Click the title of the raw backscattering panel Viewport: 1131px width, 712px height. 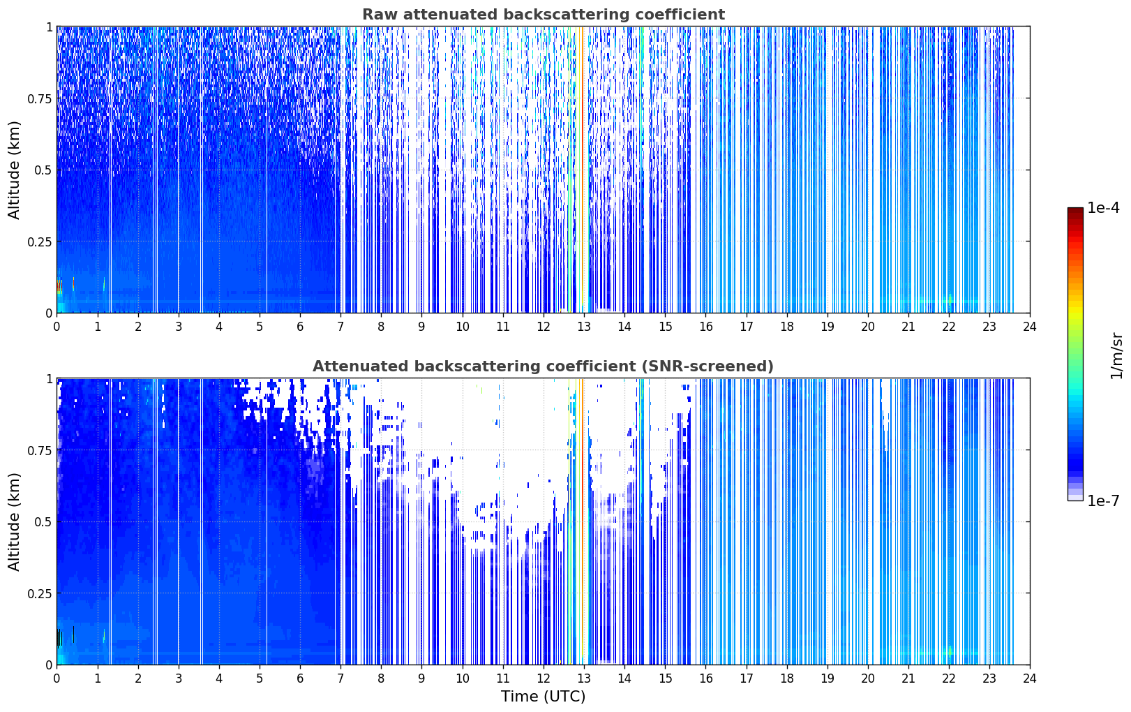pos(544,15)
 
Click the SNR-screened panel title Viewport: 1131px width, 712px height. pos(543,366)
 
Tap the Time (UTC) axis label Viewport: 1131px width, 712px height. pos(544,697)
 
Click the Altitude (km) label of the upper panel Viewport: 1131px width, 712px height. pos(14,170)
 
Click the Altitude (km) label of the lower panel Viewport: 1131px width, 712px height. pos(14,521)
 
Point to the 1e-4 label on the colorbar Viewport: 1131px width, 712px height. pos(1103,207)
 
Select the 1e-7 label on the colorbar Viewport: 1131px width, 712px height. pos(1103,501)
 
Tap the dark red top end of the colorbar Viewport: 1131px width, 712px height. pos(1075,209)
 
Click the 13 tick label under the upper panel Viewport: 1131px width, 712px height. pos(584,327)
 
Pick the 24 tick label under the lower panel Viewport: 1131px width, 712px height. pos(1030,678)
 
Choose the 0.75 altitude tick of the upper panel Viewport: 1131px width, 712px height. pos(40,98)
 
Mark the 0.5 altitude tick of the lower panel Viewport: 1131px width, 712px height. pos(43,521)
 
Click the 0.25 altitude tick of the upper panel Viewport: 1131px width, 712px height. pos(40,242)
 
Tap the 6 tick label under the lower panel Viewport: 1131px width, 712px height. pos(300,678)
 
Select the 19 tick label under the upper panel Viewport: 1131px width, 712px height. pos(827,327)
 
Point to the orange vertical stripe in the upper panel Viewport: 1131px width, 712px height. pos(582,170)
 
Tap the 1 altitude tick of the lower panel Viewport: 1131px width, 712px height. pos(50,379)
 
